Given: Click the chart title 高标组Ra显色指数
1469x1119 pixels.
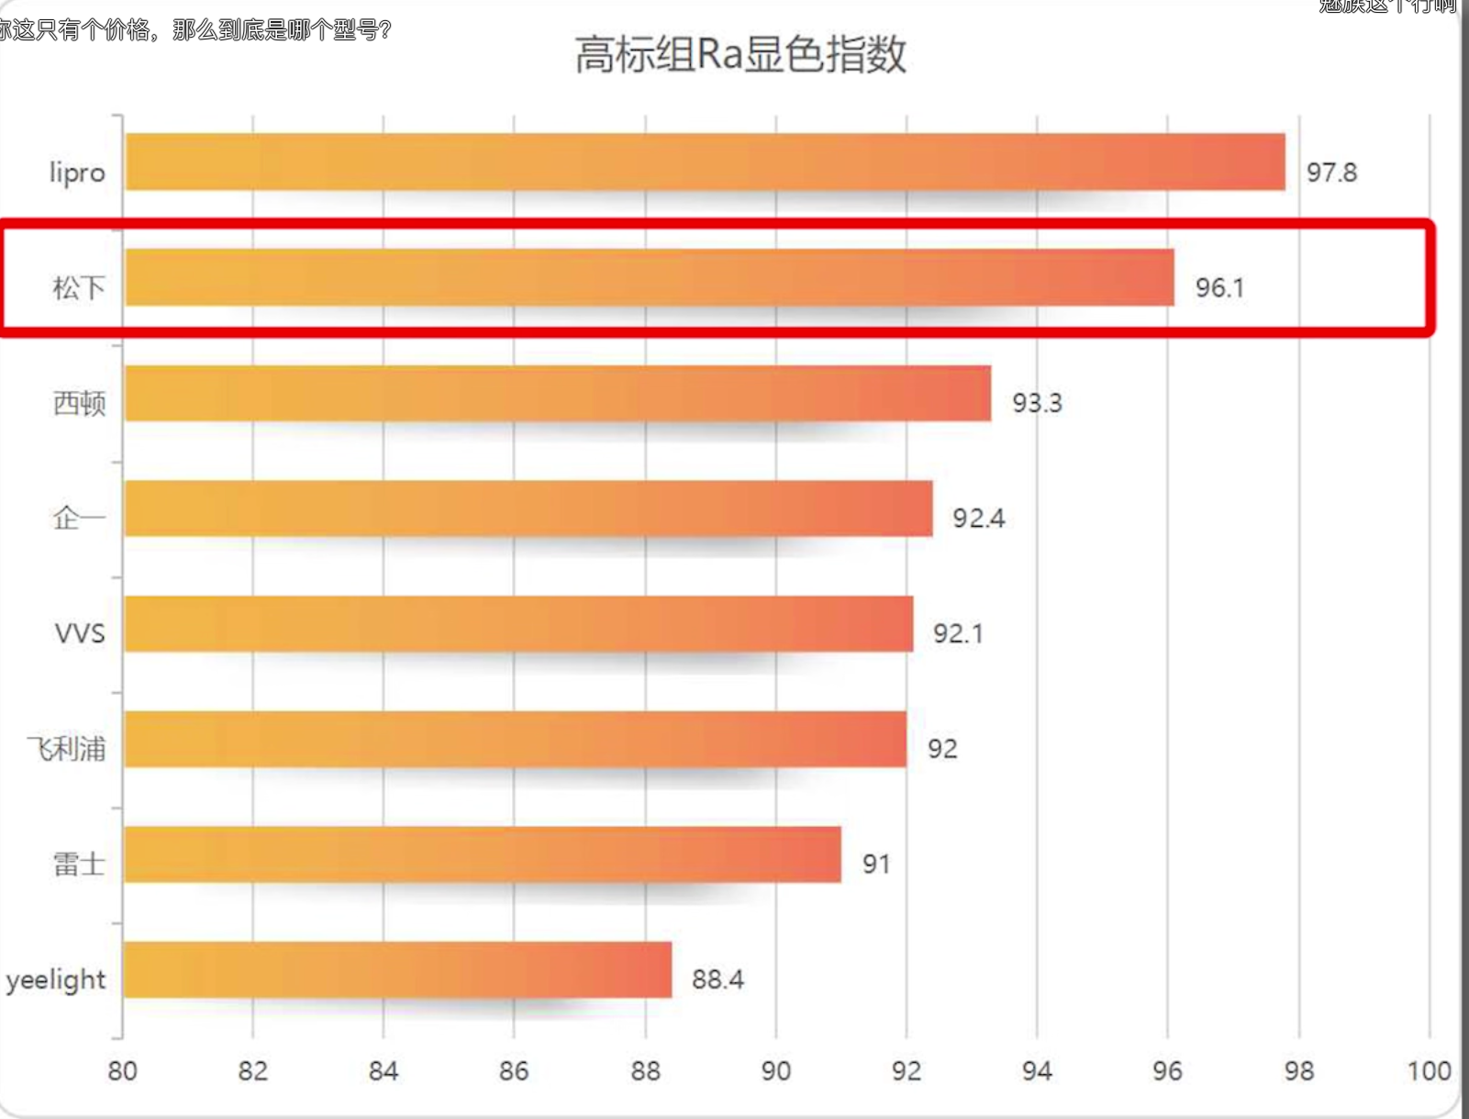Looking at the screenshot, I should [x=740, y=54].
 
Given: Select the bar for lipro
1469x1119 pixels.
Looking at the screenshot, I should [x=705, y=162].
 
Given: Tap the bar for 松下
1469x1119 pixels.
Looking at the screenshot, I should [x=650, y=277].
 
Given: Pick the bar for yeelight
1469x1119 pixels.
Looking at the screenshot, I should [x=397, y=969].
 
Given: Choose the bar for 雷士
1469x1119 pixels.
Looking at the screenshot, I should [x=483, y=855].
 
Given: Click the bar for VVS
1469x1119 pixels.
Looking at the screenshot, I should [x=518, y=624].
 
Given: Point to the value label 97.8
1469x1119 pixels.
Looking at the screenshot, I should [x=1331, y=173].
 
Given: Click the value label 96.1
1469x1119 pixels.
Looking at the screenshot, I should [x=1219, y=288].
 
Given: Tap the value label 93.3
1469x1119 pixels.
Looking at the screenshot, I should [x=1037, y=403].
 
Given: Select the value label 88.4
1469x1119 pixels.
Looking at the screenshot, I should [x=718, y=979].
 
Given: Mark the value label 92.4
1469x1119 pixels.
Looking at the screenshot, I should [x=978, y=519].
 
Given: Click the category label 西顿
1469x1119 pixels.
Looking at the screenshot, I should [x=79, y=403].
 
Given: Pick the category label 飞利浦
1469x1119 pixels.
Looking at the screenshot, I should [x=66, y=749].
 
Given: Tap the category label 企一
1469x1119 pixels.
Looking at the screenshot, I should [x=79, y=519].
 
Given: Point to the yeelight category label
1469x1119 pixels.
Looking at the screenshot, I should [x=56, y=980].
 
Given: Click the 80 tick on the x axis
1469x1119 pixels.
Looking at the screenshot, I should [x=122, y=1071].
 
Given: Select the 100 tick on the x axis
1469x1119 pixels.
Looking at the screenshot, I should [x=1429, y=1071].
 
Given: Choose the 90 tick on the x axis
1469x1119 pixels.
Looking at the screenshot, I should [x=775, y=1071].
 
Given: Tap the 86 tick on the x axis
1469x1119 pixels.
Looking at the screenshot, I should [x=514, y=1071].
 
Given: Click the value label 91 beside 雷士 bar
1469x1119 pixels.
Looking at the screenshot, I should [x=876, y=864].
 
